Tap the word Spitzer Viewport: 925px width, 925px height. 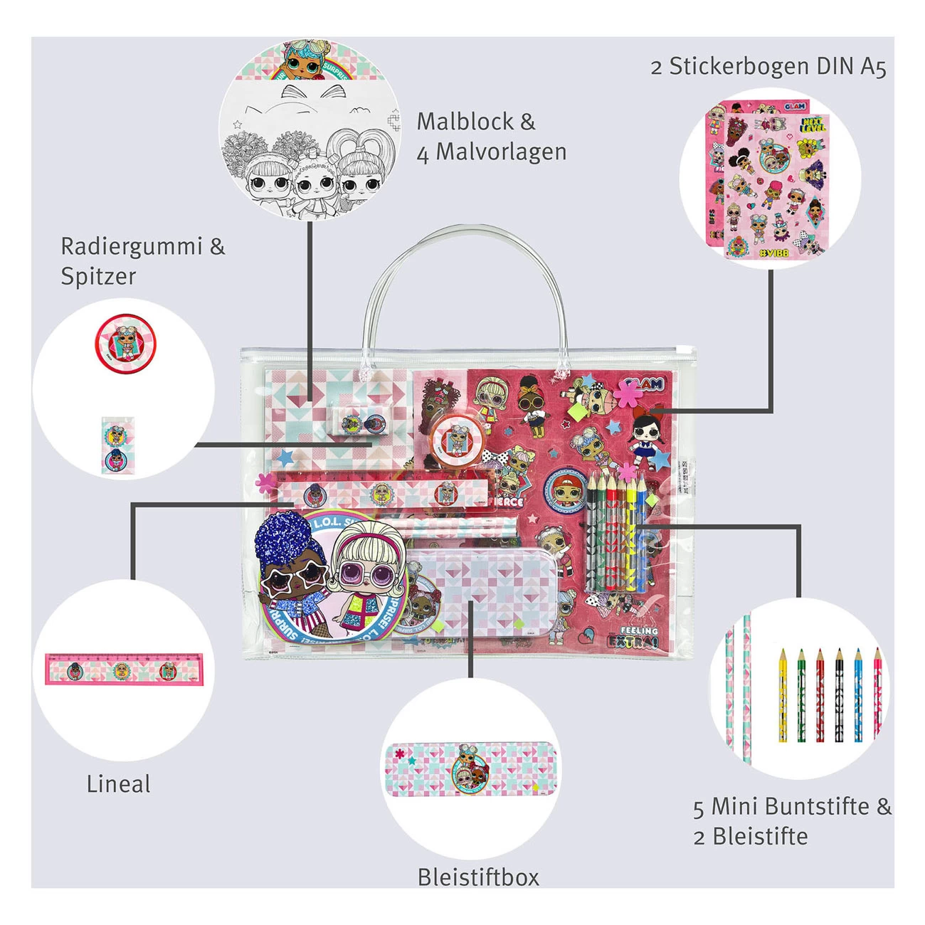(x=98, y=276)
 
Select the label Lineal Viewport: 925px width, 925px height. (x=118, y=784)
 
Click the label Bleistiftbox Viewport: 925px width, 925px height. (x=478, y=877)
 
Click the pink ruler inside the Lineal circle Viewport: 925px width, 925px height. (x=124, y=670)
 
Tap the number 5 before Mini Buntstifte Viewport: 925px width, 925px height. (x=699, y=809)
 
